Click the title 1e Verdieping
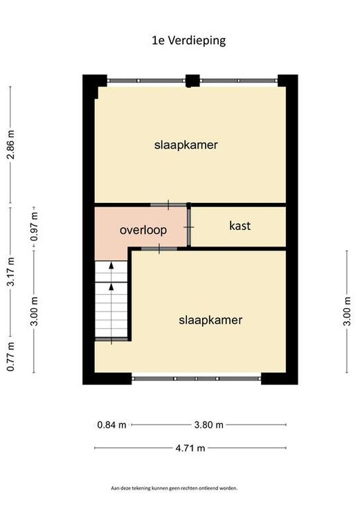point(188,41)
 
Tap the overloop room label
point(143,230)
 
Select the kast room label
point(240,226)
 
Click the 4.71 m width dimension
point(190,448)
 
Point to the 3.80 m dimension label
point(208,425)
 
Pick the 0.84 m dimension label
point(111,425)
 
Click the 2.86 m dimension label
point(10,145)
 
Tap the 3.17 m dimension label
point(10,271)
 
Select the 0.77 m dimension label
point(10,357)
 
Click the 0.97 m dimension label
point(34,226)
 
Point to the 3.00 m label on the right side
point(347,312)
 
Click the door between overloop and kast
point(188,227)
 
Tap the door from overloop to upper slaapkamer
point(168,205)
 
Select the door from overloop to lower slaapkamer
point(159,249)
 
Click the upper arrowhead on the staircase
point(111,265)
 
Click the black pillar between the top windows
point(192,81)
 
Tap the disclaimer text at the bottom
point(174,488)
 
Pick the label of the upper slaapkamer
point(186,145)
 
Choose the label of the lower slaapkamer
point(210,320)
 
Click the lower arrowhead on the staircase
point(111,286)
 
